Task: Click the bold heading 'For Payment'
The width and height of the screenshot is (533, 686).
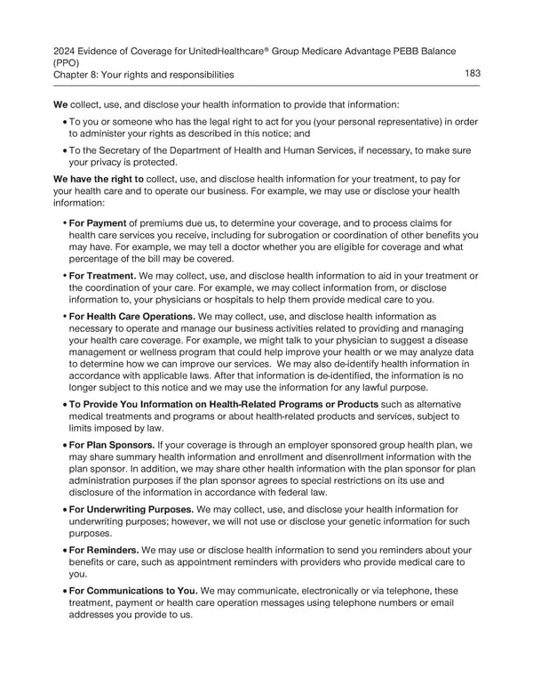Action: pyautogui.click(x=99, y=223)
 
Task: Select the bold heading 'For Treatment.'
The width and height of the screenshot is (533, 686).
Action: pyautogui.click(x=102, y=275)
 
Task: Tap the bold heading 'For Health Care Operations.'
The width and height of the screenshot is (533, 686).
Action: pyautogui.click(x=131, y=315)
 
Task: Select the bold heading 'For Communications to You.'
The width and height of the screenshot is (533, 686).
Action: pyautogui.click(x=133, y=590)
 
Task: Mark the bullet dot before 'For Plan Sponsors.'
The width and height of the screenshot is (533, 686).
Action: pyautogui.click(x=62, y=444)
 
